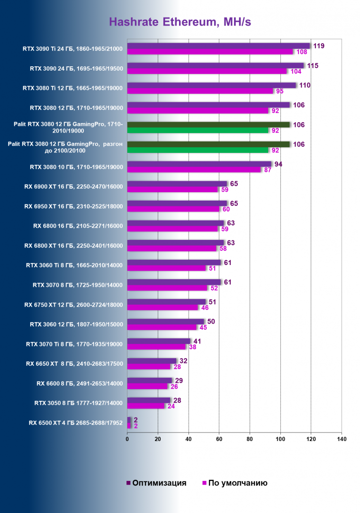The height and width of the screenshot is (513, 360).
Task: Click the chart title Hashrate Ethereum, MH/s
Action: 180,22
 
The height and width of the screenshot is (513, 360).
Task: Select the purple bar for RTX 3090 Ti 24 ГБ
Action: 218,46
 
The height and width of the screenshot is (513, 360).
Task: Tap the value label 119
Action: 319,46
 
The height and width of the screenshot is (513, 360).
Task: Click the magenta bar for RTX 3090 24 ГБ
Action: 207,71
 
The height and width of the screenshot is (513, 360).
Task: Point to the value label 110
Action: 305,85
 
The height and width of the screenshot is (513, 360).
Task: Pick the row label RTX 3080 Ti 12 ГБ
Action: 73,88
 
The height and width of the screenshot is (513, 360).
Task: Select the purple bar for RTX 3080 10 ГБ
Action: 199,164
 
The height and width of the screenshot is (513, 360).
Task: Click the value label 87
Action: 268,170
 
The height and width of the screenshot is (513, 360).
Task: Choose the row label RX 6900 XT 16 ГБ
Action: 73,186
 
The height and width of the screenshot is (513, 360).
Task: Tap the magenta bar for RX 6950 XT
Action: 173,209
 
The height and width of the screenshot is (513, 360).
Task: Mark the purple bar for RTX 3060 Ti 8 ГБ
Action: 174,263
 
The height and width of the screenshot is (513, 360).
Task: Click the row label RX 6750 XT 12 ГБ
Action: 73,305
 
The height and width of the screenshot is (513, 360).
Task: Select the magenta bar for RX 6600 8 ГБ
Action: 147,386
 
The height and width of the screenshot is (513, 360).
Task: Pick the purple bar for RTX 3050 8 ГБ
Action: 149,400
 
